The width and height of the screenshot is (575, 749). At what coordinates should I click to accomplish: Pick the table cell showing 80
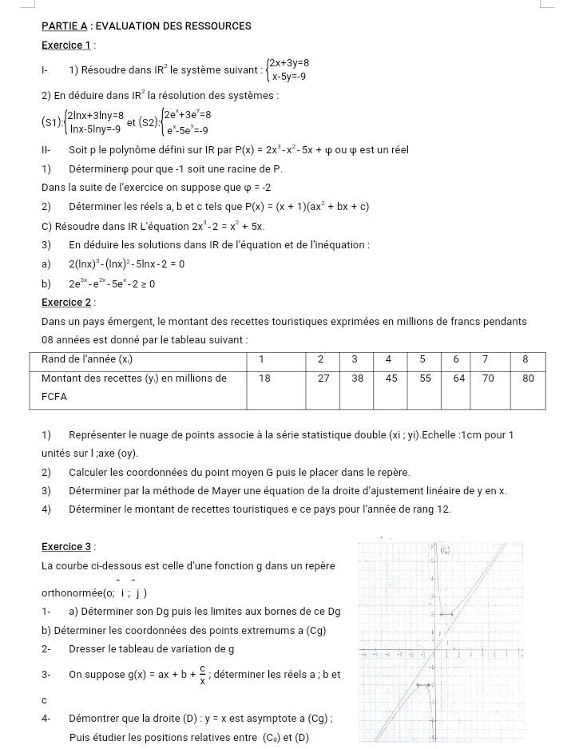click(x=528, y=378)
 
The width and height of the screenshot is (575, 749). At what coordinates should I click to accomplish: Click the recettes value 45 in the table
click(x=391, y=378)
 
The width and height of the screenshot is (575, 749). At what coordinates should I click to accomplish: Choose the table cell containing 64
click(x=459, y=378)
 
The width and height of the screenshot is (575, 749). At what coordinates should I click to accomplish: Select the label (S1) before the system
click(x=52, y=122)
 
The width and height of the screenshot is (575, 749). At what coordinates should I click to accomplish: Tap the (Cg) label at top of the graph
click(x=445, y=550)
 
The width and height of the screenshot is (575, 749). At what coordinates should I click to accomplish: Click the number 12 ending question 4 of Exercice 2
click(x=445, y=509)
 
